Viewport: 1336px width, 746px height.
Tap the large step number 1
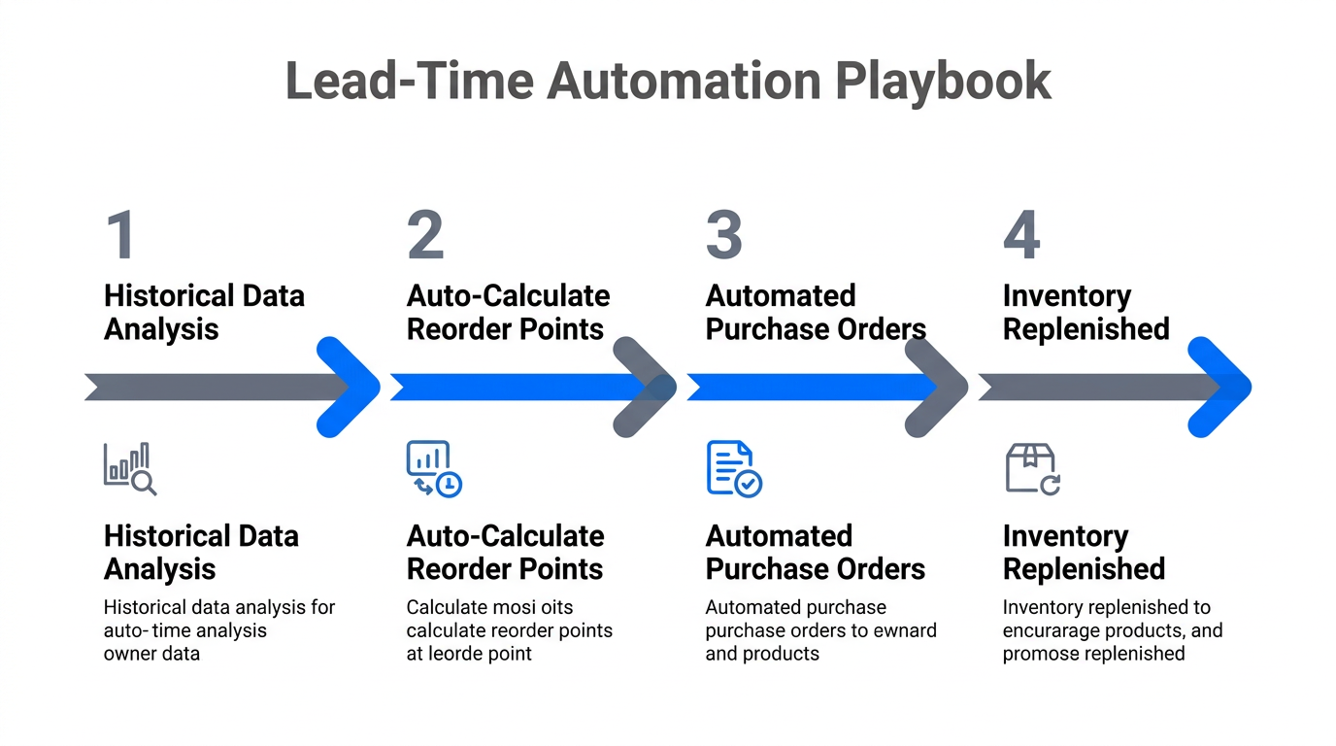(x=119, y=235)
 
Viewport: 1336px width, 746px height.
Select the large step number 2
(x=425, y=235)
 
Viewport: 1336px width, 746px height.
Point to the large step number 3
(x=724, y=235)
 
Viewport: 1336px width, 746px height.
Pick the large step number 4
(x=1021, y=235)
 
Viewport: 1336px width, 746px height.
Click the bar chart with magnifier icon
(x=130, y=468)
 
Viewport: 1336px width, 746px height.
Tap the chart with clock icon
(x=433, y=468)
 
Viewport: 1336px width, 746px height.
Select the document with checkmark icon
(x=733, y=468)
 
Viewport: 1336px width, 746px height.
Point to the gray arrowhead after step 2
(x=645, y=387)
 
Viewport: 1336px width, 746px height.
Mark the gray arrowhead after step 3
(x=937, y=387)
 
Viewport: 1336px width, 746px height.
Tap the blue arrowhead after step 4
(x=1219, y=387)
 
